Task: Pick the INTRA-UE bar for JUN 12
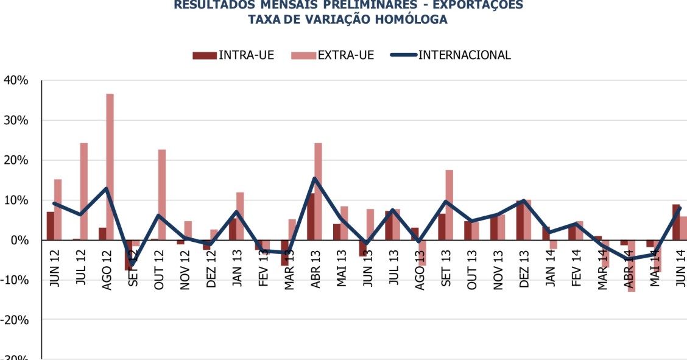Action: pos(51,226)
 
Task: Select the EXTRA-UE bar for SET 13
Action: pos(449,205)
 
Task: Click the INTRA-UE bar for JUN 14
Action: pos(676,222)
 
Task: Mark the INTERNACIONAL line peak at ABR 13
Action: pos(314,178)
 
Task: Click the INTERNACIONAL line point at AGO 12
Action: pos(106,189)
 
